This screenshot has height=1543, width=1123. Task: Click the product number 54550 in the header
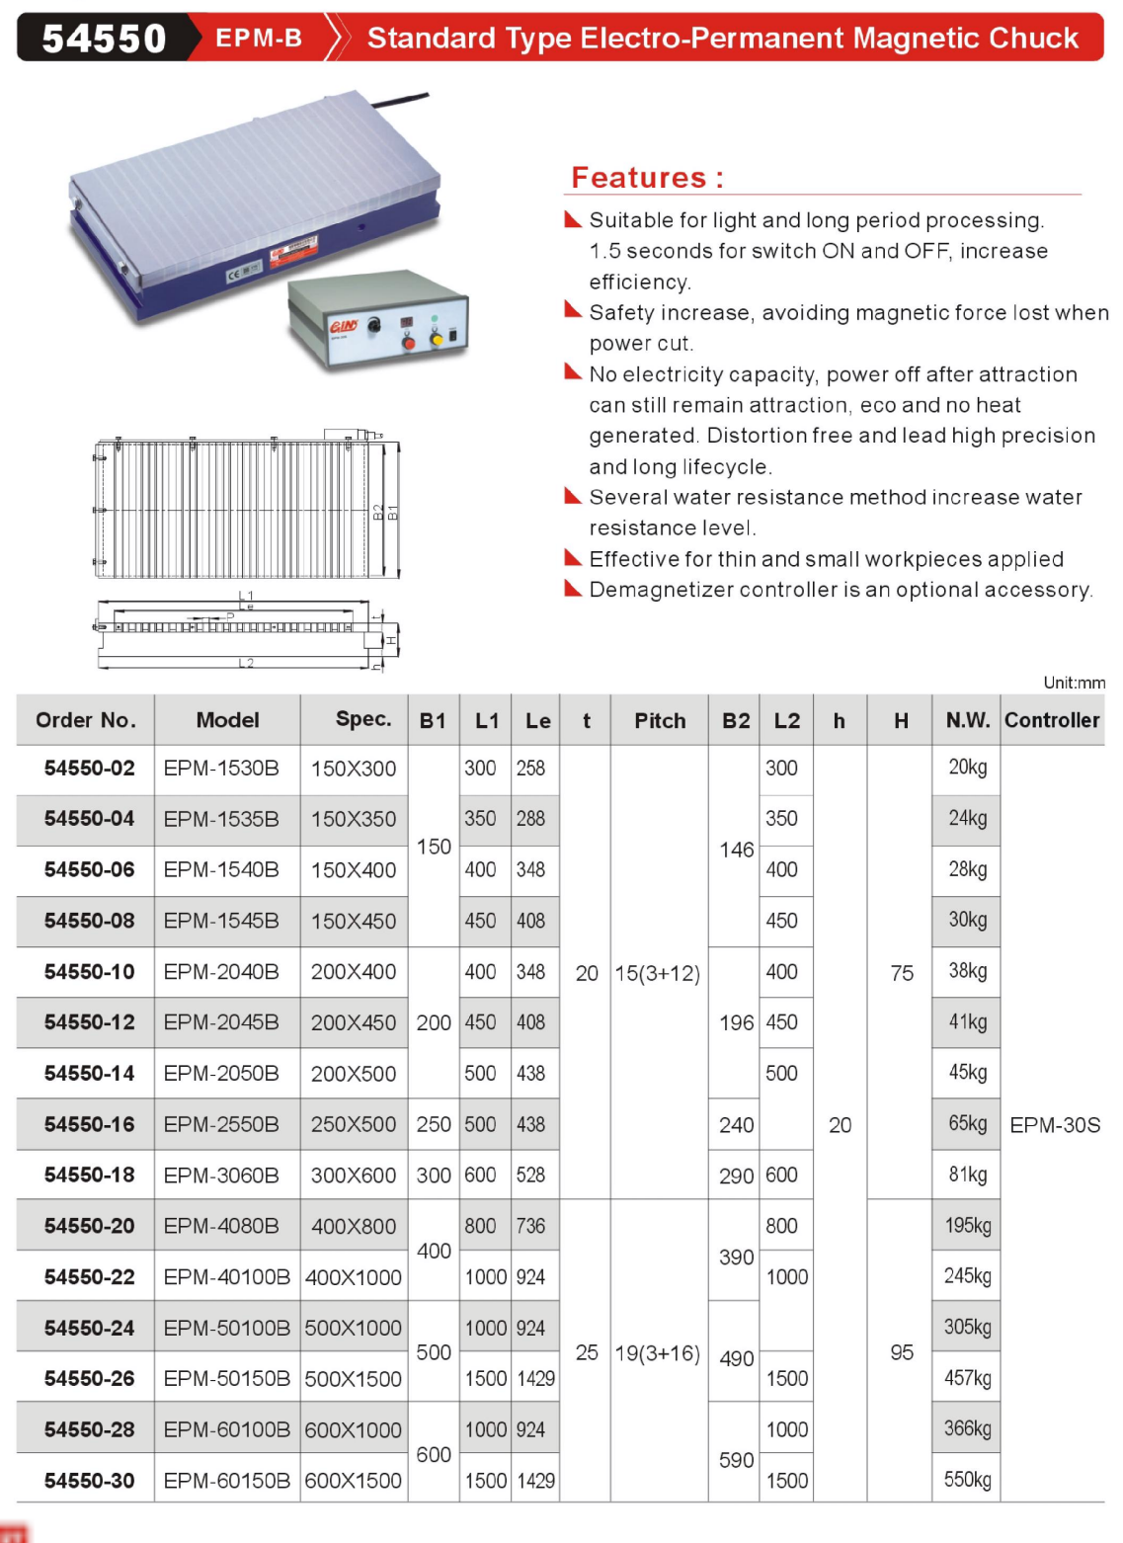pos(104,39)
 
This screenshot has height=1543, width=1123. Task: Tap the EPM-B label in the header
pos(259,39)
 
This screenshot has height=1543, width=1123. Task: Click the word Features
pos(639,178)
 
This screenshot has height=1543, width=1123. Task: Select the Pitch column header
pos(660,721)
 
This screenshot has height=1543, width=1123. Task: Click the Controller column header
pos(1052,721)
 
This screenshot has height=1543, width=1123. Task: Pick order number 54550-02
pos(89,769)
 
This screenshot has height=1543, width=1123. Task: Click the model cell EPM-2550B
pos(221,1124)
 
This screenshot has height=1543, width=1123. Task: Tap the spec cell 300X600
pos(354,1176)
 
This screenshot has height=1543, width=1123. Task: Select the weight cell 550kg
pos(967,1480)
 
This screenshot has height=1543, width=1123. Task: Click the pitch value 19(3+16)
pos(657,1353)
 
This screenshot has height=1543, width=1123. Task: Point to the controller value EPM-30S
pos(1054,1125)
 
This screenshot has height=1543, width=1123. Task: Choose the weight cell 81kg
pos(967,1175)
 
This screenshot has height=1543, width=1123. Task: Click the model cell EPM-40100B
pos(227,1277)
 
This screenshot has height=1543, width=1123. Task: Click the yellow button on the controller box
pos(437,340)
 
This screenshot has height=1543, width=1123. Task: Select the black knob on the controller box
pos(374,325)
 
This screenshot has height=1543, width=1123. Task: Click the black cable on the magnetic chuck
pos(400,99)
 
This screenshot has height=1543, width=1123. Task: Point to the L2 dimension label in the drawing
pos(246,663)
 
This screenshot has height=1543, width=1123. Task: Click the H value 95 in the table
pos(901,1352)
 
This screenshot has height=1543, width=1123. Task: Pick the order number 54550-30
pos(89,1481)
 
